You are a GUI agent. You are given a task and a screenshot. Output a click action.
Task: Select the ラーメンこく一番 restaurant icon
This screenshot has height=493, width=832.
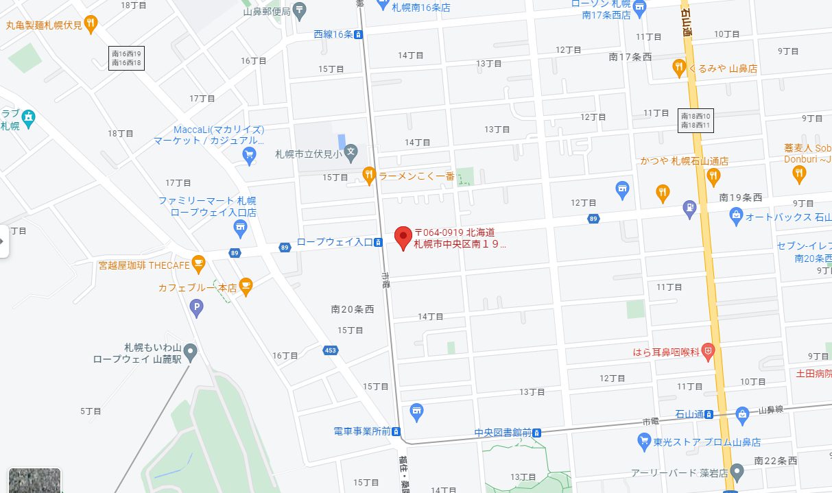(369, 176)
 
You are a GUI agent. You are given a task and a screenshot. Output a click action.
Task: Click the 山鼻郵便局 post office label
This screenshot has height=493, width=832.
(267, 11)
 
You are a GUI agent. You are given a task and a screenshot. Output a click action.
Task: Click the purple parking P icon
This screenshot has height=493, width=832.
(197, 308)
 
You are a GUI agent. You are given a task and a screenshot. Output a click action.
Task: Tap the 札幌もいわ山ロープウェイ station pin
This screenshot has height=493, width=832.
(191, 352)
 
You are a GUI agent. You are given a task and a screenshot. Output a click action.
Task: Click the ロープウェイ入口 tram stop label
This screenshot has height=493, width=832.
(335, 242)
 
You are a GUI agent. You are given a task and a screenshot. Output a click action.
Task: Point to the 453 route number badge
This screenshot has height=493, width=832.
(331, 351)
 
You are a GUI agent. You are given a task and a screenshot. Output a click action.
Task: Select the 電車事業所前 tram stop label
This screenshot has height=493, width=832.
(362, 431)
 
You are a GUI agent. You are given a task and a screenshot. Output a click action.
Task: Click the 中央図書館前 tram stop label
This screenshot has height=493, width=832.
(503, 433)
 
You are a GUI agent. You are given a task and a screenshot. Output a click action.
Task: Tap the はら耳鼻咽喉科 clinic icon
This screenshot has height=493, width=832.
(708, 352)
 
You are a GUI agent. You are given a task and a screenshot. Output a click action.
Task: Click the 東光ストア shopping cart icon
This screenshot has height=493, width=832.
(643, 442)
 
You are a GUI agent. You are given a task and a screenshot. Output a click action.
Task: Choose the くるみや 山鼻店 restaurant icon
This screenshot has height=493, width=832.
(679, 67)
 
